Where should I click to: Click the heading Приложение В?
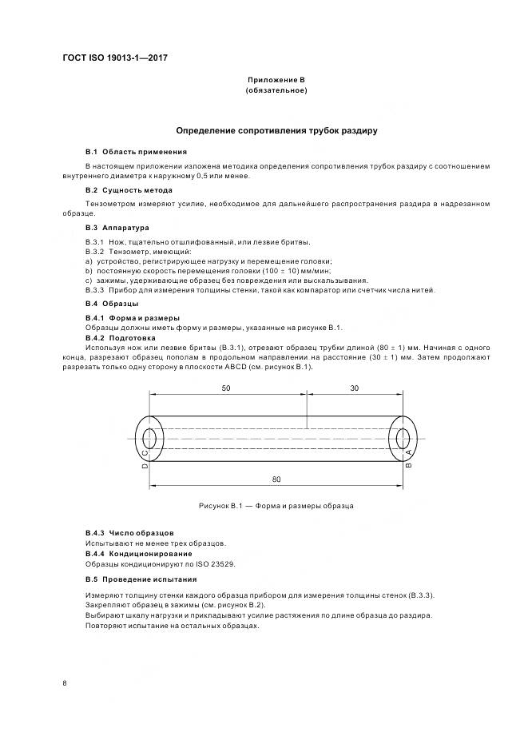[x=276, y=81]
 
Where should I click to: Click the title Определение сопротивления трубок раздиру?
[x=276, y=129]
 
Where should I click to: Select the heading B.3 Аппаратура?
[x=117, y=228]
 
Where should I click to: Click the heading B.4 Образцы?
[x=112, y=304]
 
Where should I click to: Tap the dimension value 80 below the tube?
[x=276, y=479]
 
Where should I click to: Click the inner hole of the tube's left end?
[x=149, y=437]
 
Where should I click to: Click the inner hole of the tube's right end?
[x=403, y=437]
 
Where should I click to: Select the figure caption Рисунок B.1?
[x=276, y=506]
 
